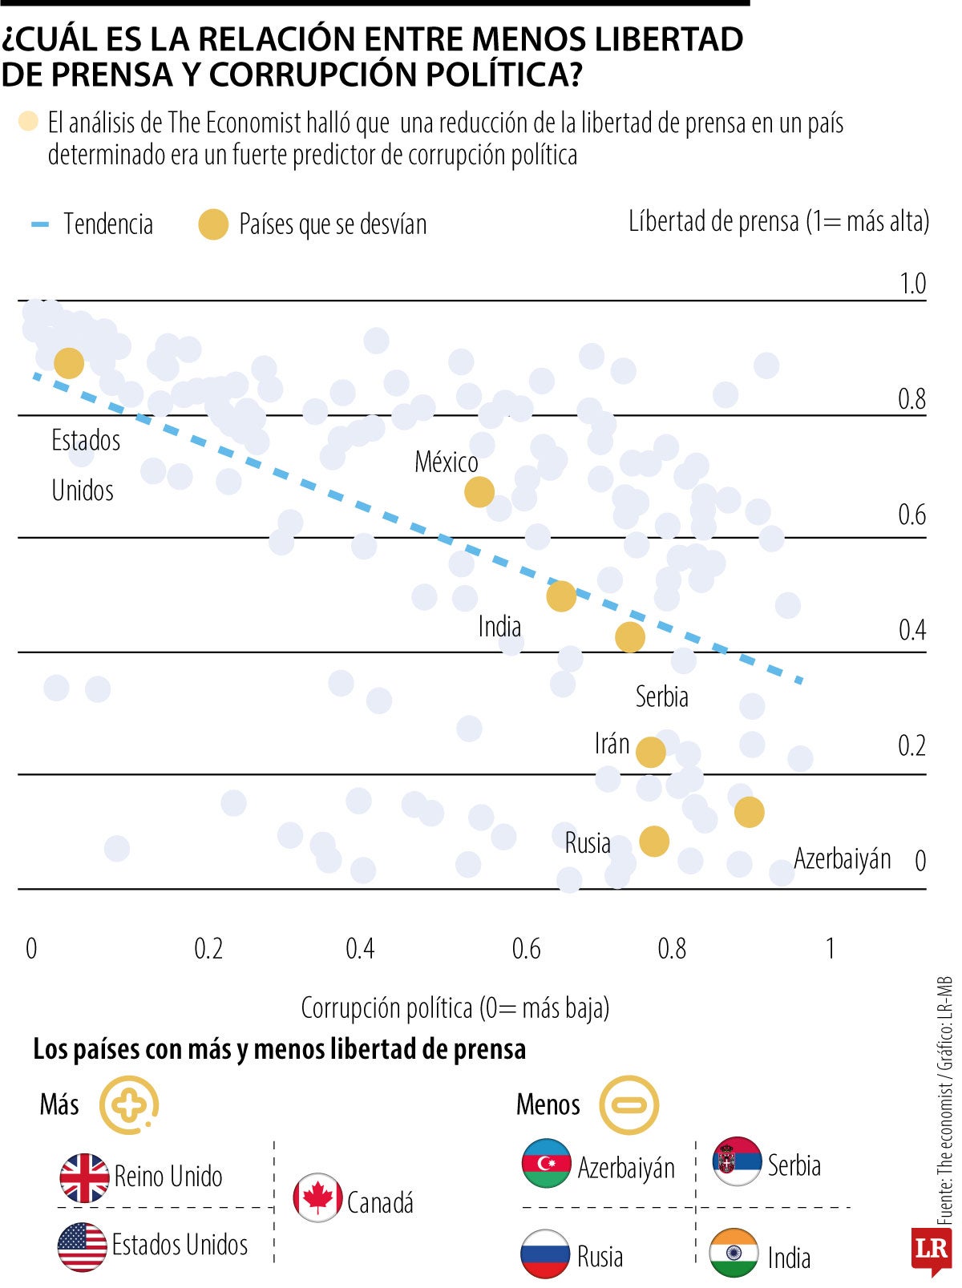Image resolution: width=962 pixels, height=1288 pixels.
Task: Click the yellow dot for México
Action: [479, 491]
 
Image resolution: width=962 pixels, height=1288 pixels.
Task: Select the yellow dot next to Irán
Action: [650, 752]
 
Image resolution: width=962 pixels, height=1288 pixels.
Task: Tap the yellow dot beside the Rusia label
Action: [654, 841]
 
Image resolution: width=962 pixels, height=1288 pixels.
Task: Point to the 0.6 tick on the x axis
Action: [526, 949]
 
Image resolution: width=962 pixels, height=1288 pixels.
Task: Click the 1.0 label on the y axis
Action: [912, 284]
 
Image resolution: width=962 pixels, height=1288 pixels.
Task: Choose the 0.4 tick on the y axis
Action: [912, 631]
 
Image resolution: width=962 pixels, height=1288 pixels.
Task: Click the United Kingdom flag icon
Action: [84, 1177]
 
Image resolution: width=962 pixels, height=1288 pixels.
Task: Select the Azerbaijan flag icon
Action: [546, 1162]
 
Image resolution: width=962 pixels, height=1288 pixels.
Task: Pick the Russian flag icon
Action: [545, 1254]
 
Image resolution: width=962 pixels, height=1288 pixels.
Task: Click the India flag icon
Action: [734, 1253]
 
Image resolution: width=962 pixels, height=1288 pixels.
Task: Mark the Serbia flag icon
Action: [737, 1161]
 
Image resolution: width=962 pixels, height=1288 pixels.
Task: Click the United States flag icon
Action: [83, 1247]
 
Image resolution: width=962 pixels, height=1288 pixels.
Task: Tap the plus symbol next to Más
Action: [129, 1105]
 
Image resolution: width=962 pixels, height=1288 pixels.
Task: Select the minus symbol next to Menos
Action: [629, 1105]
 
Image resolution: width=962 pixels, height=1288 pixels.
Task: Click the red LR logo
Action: [931, 1250]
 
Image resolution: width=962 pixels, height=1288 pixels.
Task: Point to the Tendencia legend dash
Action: [40, 224]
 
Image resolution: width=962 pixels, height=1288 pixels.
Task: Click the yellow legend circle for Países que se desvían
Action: [213, 224]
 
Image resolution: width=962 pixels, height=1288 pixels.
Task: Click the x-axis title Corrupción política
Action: [455, 1007]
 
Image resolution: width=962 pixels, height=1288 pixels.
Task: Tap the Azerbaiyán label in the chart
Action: [842, 858]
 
